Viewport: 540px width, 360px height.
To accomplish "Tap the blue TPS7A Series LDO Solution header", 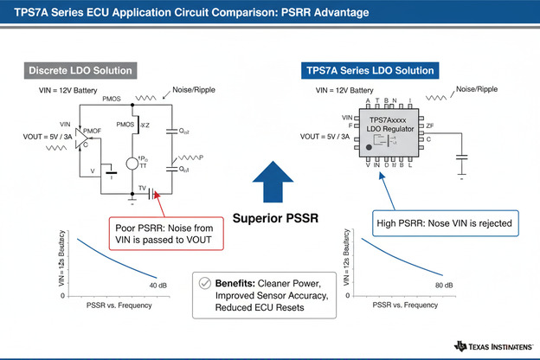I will coord(371,69).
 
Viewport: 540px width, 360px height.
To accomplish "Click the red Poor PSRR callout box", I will coord(169,232).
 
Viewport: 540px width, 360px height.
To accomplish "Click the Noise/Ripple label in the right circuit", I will coord(480,89).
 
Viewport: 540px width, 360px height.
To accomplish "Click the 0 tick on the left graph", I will coord(61,295).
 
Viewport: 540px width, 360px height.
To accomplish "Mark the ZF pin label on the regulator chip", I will coord(430,126).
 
